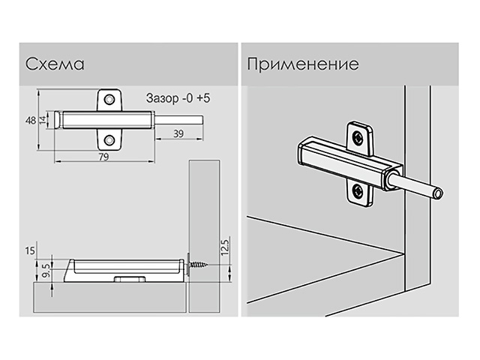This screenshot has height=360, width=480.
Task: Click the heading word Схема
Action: [53, 64]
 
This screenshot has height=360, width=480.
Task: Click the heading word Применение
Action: [302, 64]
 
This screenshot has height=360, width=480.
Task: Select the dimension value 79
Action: [104, 156]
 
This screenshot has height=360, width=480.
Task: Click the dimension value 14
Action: [43, 119]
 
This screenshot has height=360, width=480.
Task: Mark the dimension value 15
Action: [31, 249]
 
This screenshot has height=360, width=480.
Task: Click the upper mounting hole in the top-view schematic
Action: [110, 99]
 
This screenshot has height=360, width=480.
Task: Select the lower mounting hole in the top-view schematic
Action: [110, 139]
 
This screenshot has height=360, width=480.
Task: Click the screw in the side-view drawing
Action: [198, 263]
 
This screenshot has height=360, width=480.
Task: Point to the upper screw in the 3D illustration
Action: [359, 137]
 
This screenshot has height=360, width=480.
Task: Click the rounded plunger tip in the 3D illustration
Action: [438, 194]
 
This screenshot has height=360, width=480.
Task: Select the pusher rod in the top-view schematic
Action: [181, 119]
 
